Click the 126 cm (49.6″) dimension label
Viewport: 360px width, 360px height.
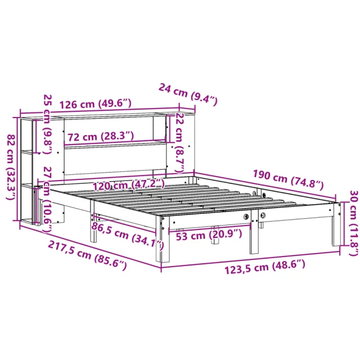[x=95, y=104]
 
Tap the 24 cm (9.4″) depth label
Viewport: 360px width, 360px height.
[x=188, y=94]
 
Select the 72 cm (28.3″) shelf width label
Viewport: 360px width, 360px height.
[x=101, y=136]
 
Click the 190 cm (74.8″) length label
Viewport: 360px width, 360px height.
[x=288, y=180]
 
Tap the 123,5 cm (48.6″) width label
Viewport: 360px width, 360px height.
[x=265, y=267]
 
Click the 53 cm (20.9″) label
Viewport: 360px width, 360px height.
[x=209, y=235]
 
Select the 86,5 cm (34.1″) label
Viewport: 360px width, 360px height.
[x=128, y=236]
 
